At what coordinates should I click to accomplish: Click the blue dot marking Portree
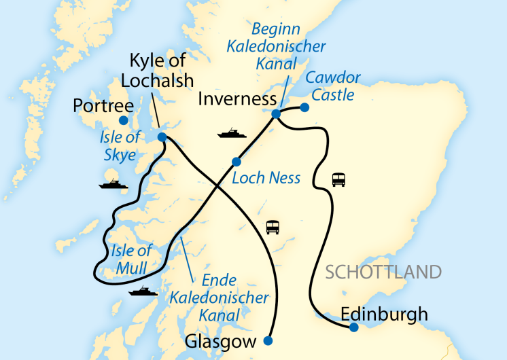(123, 120)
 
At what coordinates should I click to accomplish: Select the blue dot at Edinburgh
(354, 327)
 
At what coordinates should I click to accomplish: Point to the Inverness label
(233, 101)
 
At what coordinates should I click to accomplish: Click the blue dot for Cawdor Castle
(304, 107)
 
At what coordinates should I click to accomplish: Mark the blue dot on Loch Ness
(237, 162)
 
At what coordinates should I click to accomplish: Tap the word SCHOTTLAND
(383, 272)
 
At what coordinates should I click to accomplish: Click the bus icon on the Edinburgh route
(338, 179)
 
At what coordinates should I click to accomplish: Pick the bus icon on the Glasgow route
(273, 226)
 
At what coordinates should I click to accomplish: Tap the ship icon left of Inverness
(232, 132)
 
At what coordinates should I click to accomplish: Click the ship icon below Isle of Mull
(143, 291)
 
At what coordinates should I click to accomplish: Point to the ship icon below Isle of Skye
(113, 183)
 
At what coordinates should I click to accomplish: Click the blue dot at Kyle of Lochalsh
(162, 137)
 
